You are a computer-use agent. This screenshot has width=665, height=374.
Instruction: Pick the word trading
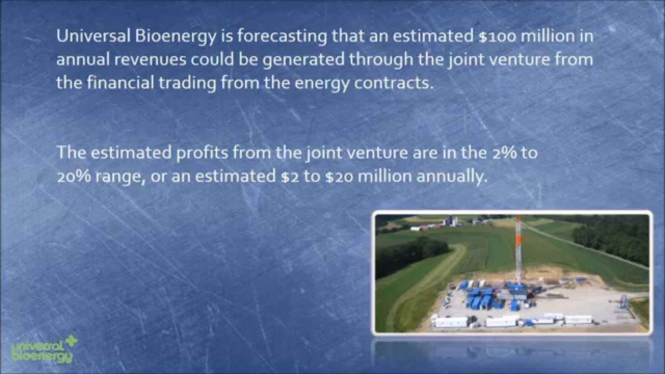(185, 83)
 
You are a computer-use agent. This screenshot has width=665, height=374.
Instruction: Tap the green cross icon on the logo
(70, 343)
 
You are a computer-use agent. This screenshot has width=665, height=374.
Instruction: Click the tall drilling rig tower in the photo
(517, 249)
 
